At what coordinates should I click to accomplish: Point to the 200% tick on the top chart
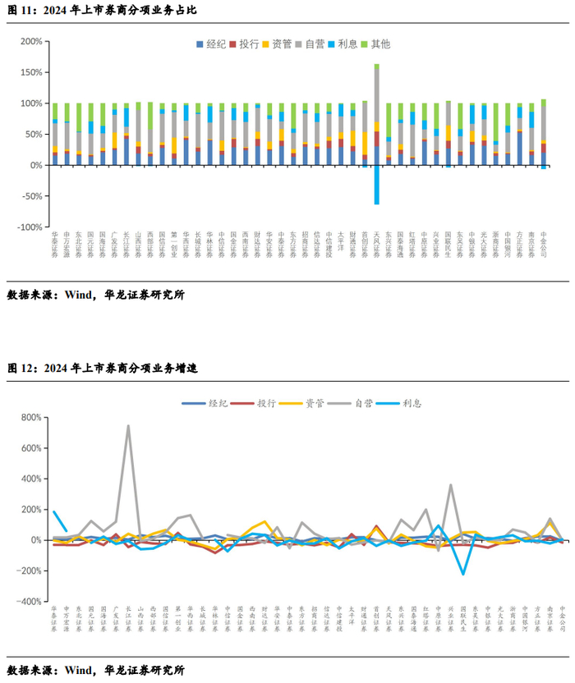[x=32, y=41]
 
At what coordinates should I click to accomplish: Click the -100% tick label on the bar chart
[x=30, y=227]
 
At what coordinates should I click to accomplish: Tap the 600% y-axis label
[x=32, y=448]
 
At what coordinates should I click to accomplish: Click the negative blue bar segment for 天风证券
[x=376, y=185]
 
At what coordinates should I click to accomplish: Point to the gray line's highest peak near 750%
[x=128, y=426]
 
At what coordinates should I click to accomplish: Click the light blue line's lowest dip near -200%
[x=462, y=573]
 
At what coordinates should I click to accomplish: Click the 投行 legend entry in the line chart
[x=256, y=403]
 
